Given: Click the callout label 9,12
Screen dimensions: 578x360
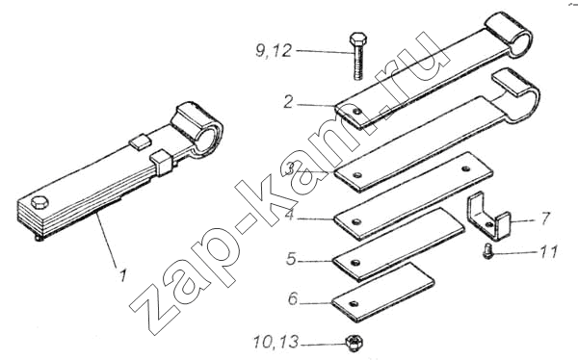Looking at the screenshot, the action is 274,50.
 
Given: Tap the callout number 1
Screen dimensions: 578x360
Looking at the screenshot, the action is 122,275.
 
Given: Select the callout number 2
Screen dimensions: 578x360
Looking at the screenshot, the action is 288,102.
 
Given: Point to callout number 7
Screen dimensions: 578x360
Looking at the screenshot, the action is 545,219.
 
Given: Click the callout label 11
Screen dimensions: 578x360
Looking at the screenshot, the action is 549,252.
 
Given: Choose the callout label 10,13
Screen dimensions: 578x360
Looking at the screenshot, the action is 276,343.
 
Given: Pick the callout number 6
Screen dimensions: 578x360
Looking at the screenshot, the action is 292,298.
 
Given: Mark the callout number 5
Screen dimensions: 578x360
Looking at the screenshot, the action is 291,259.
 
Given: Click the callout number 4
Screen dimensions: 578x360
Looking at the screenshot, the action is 291,215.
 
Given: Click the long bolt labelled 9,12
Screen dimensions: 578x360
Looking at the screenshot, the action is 357,56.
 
